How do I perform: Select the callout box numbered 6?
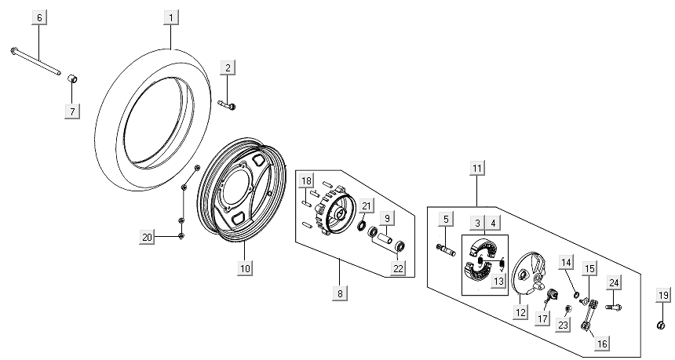point(40,17)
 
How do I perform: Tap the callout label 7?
point(72,111)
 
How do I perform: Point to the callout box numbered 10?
point(245,267)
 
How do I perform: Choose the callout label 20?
point(146,237)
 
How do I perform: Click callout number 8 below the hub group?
point(340,293)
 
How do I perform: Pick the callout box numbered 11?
point(477,167)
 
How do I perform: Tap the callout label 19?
point(663,295)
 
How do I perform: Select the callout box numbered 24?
point(615,283)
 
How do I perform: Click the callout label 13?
point(497,282)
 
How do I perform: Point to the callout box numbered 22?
point(399,268)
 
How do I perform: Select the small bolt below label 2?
point(227,104)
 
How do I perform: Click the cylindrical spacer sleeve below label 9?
point(385,235)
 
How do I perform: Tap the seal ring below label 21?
point(362,227)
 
